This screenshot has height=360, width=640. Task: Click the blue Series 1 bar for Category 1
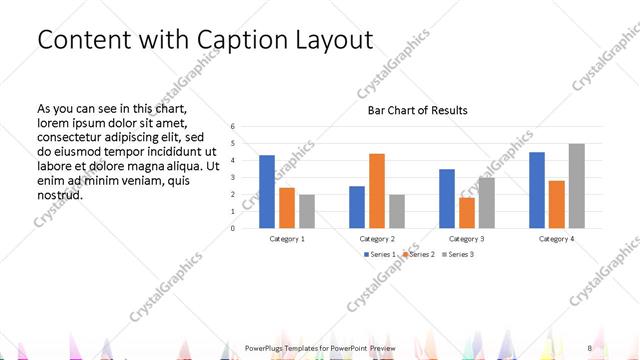tap(266, 191)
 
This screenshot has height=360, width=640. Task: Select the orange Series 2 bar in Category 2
tap(376, 190)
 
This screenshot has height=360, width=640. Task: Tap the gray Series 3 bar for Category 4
tap(576, 186)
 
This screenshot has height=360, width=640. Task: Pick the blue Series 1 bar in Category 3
tap(446, 198)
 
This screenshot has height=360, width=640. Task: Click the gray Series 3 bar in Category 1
tap(306, 211)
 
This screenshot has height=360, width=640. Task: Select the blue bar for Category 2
tap(356, 207)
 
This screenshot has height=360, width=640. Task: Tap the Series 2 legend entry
tap(418, 254)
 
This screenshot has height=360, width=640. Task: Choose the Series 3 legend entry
tap(457, 254)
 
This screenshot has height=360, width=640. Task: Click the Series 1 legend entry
tap(379, 254)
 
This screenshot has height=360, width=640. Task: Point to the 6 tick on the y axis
tap(232, 127)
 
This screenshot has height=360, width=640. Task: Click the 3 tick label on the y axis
tap(232, 178)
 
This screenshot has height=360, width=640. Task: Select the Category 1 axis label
tap(286, 239)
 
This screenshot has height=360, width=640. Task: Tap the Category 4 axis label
tap(556, 239)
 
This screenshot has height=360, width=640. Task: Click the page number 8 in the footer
tap(590, 347)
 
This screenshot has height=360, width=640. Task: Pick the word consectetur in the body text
tap(75, 137)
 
